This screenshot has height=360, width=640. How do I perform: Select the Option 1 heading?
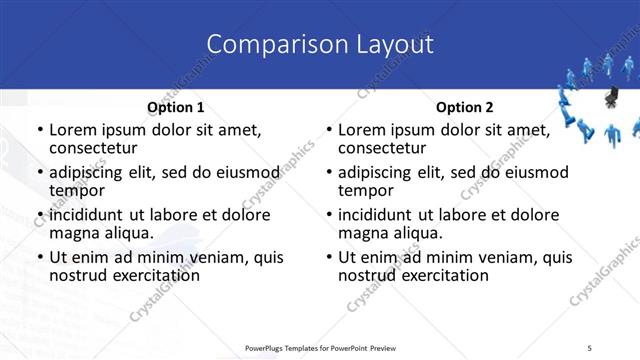[176, 107]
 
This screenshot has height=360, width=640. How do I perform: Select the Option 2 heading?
[464, 107]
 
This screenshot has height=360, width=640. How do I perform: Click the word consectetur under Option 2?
[385, 149]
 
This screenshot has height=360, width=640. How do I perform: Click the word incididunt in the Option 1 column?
[91, 215]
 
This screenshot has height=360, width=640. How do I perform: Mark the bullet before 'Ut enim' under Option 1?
[39, 258]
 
